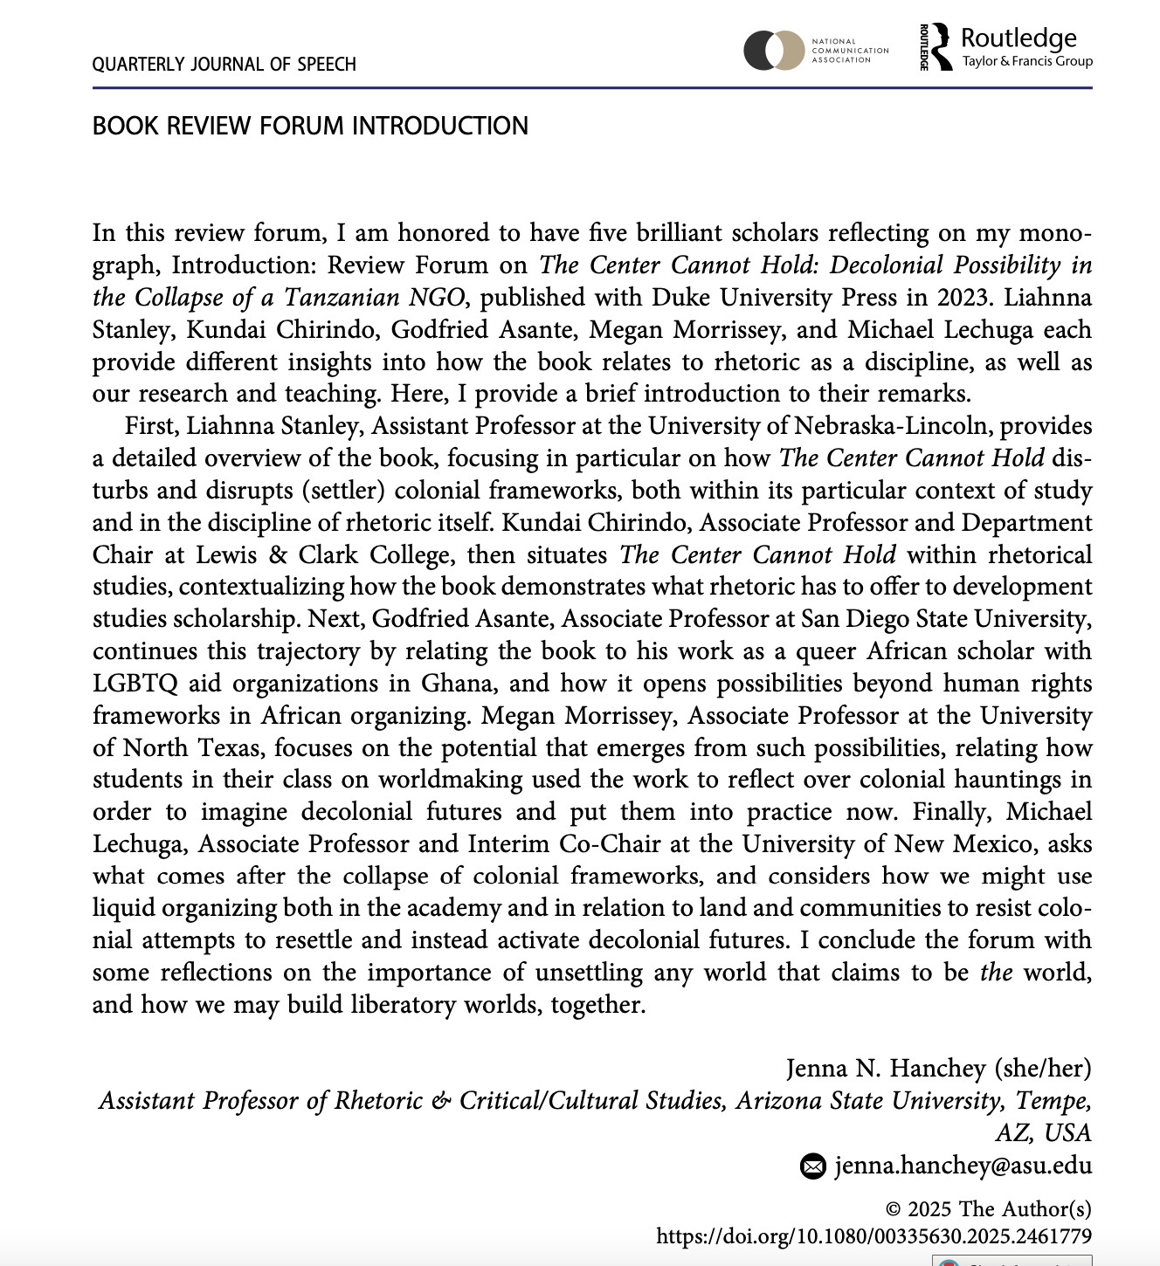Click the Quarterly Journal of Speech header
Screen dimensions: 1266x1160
click(x=224, y=65)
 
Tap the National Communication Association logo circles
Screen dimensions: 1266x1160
click(x=773, y=51)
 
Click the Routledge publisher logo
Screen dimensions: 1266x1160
click(x=1006, y=47)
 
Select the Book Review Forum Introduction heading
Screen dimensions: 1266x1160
click(x=310, y=126)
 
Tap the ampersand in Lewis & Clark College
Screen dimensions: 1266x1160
click(x=279, y=555)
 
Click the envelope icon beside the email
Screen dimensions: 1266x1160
click(x=813, y=1166)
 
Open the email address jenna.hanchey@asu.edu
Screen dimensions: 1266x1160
click(x=963, y=1166)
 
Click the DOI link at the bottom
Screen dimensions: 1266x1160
click(x=873, y=1236)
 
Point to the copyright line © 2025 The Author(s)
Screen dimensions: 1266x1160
click(x=988, y=1209)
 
